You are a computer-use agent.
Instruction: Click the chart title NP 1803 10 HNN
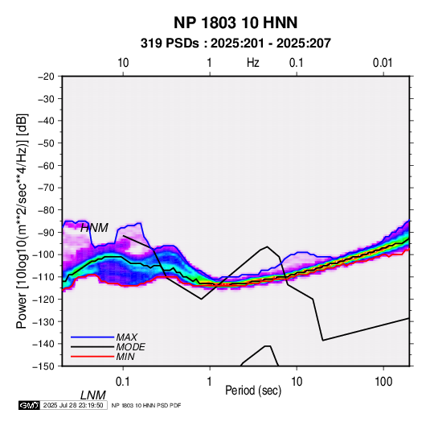[235, 23]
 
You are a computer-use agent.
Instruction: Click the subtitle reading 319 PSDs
[170, 43]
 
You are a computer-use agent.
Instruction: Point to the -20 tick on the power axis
[46, 77]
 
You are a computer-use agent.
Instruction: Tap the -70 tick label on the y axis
[46, 188]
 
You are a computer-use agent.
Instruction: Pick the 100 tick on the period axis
[383, 382]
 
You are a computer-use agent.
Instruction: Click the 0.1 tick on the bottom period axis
[123, 382]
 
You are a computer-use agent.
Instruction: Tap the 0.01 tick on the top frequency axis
[383, 63]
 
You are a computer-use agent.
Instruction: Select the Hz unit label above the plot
[253, 63]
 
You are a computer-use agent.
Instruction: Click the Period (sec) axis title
[253, 391]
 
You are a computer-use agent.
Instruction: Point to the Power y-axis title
[22, 221]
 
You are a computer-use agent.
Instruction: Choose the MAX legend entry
[126, 337]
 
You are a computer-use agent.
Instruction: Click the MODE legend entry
[130, 347]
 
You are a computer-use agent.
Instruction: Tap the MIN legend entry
[125, 357]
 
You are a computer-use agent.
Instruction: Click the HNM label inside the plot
[94, 228]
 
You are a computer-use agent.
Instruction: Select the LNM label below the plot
[93, 395]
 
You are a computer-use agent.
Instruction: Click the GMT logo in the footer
[30, 405]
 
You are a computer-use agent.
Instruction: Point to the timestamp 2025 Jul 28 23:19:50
[73, 405]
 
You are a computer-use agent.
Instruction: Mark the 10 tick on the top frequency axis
[123, 63]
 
